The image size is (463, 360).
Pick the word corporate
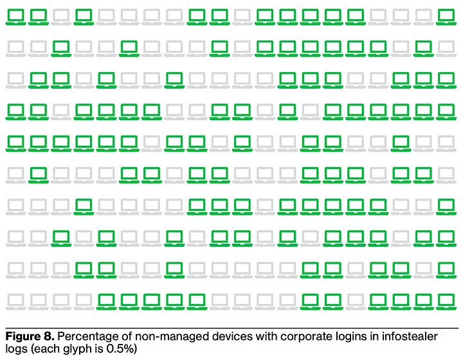[x=289, y=336]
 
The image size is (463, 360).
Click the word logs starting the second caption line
[x=16, y=350]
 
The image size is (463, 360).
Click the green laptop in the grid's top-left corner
[x=15, y=16]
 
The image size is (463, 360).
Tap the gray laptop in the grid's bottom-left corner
[x=15, y=300]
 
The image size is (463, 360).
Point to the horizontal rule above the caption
[x=232, y=328]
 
